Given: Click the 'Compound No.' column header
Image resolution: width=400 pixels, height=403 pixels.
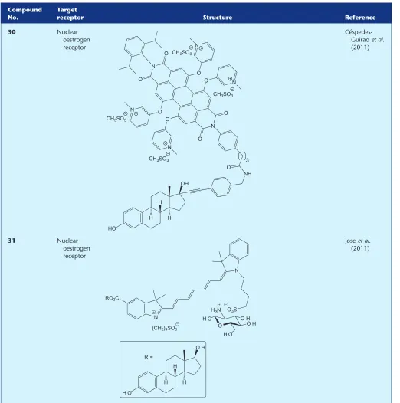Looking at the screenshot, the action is pos(25,14).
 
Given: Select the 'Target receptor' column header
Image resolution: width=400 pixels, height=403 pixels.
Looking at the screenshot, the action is pos(70,14).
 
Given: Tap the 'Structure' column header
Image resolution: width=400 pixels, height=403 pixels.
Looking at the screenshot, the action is pos(218,18).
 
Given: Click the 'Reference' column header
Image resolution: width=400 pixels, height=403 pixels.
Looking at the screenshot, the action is pos(360,18).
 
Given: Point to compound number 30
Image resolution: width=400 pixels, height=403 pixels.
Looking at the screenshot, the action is pos(11,32).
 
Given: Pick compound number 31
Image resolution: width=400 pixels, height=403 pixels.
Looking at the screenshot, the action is pos(11,241).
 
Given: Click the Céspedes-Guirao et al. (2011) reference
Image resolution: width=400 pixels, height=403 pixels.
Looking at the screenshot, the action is pos(364,40).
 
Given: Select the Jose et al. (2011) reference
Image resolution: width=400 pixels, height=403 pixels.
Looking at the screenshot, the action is pos(358,244).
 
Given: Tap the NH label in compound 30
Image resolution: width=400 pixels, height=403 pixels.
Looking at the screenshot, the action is pos(248,174).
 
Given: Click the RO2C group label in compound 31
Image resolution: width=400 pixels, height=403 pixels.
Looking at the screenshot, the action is pos(112,298).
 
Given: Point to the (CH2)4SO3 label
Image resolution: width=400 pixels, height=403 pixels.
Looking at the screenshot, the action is pos(166,327).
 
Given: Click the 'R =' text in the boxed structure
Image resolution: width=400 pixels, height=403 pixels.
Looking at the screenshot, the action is pos(149,357).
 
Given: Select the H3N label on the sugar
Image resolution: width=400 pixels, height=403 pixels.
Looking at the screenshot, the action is pos(216,310).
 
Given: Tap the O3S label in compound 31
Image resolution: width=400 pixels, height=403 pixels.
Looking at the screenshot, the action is pos(232,310).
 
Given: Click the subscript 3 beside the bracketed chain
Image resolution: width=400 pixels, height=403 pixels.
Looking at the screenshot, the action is pos(248,161).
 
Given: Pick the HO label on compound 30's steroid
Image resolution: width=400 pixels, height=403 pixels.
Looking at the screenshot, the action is pos(112,228).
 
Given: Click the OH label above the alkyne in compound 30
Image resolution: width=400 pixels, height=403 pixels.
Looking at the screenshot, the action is pos(185,184).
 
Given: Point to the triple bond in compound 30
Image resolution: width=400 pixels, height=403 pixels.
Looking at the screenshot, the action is pos(198,191).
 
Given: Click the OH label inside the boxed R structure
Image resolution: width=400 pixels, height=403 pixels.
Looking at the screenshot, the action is pos(201,348).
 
